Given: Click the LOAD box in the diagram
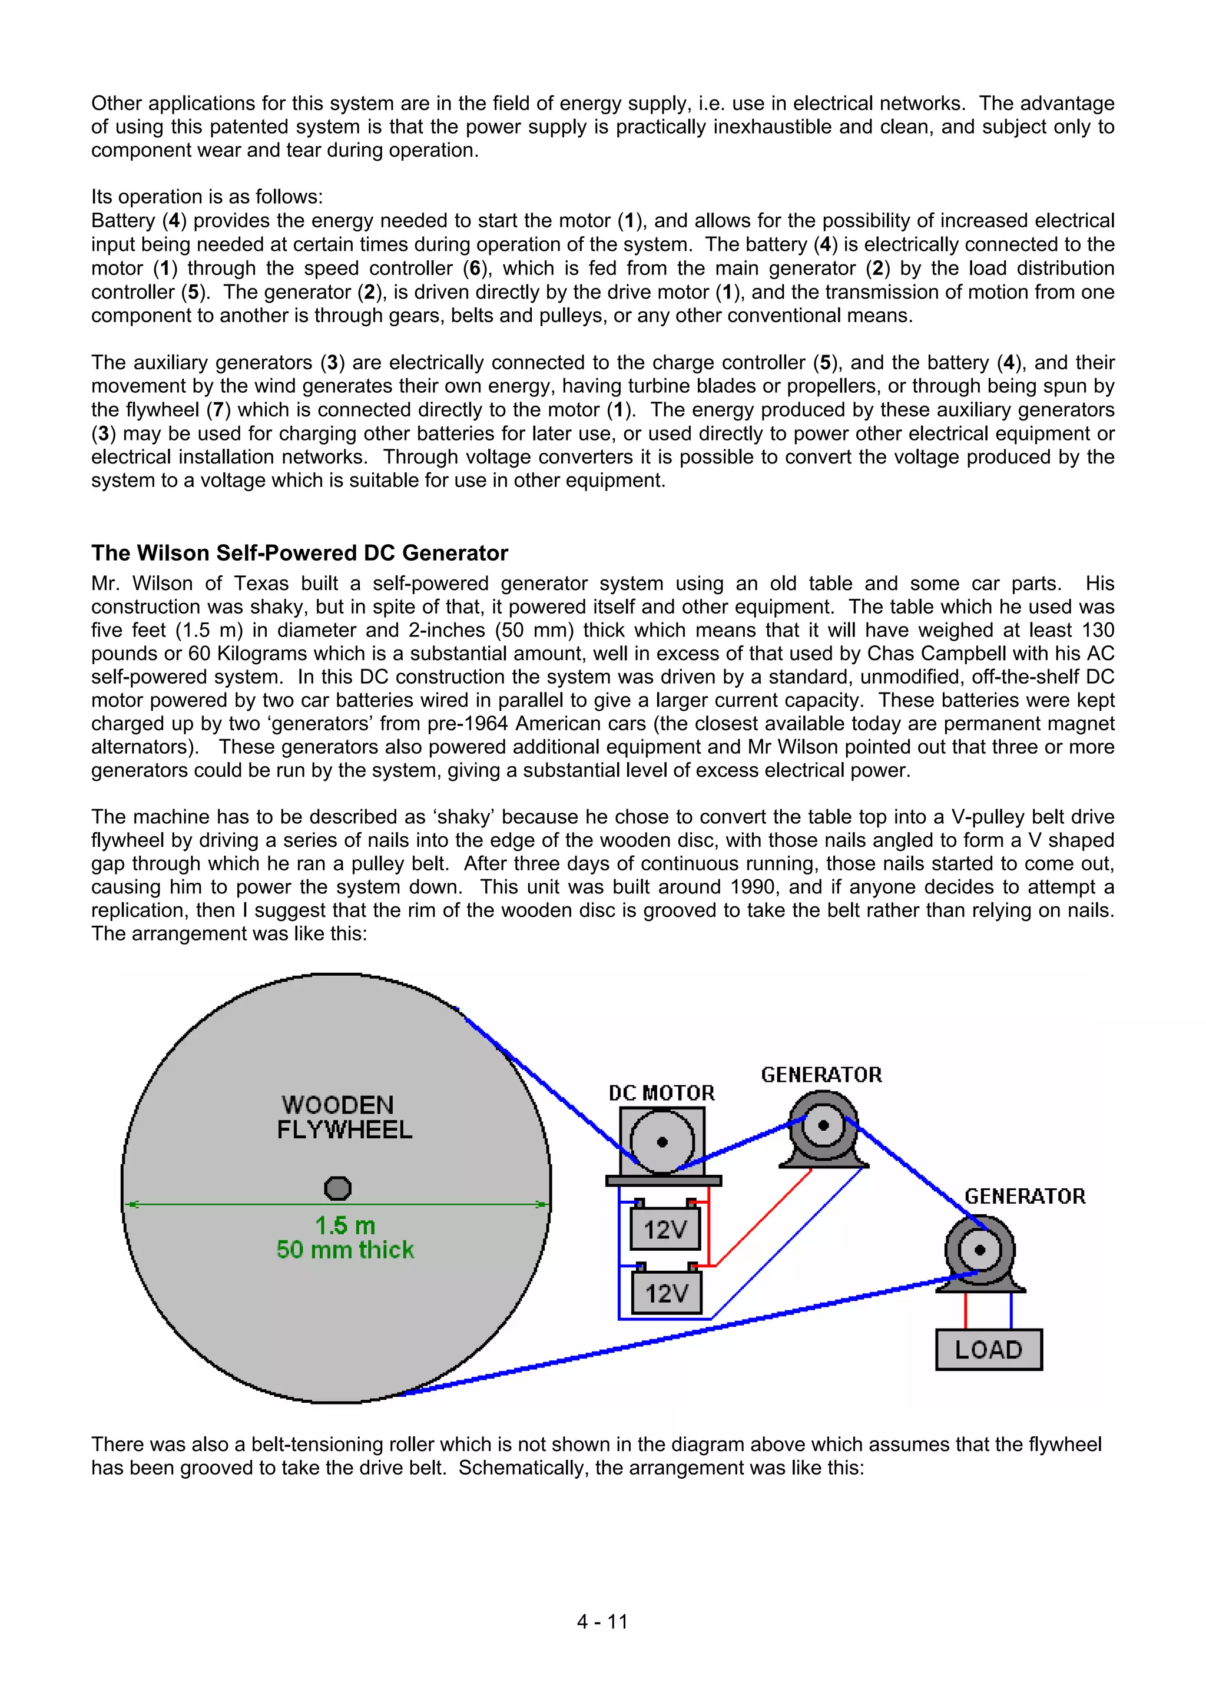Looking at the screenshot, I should (x=988, y=1349).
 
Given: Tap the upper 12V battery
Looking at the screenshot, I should (x=665, y=1230).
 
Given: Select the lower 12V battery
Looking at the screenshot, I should (x=667, y=1294).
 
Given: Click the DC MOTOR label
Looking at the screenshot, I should (x=661, y=1093).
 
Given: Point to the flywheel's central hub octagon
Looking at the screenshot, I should (x=338, y=1188).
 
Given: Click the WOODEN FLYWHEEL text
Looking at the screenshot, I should (x=343, y=1117).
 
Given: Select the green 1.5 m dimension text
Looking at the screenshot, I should (x=345, y=1225).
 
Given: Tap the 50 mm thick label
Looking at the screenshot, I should (x=345, y=1250).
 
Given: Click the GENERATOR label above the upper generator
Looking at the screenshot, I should (x=821, y=1075).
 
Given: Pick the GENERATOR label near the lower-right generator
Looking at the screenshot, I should (x=1025, y=1196).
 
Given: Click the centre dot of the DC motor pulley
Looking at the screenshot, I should (x=662, y=1142).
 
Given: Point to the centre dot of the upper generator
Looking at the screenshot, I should (x=823, y=1125).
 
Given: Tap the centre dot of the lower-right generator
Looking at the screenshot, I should (x=979, y=1250).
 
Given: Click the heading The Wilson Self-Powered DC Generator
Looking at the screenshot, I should (x=300, y=553).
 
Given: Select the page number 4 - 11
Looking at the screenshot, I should (x=602, y=1621).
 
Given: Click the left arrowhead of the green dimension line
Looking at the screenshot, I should (x=131, y=1204).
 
